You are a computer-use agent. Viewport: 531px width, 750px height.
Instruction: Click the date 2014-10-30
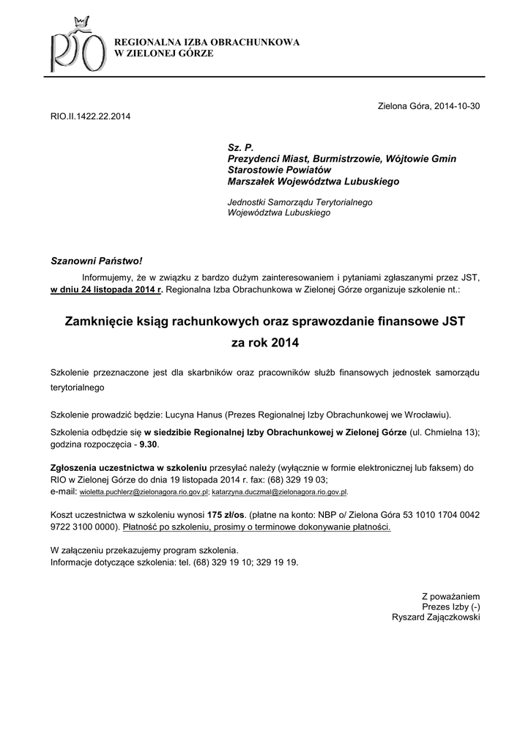(456, 106)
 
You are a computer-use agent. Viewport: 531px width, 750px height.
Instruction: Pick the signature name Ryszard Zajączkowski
(437, 617)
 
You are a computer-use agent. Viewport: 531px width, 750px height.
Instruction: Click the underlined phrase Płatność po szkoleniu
(167, 527)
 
